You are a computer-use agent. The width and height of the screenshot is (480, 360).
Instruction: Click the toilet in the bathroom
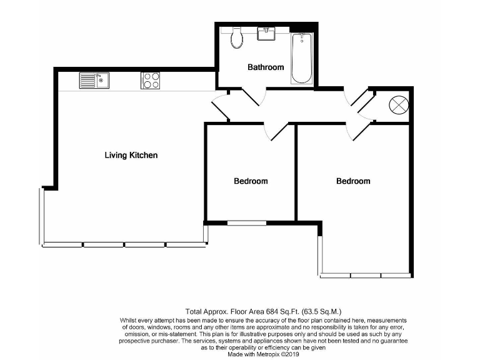(x=237, y=39)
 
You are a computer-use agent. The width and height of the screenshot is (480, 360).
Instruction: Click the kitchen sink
(x=94, y=81)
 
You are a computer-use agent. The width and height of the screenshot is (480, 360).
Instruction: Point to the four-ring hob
(x=150, y=81)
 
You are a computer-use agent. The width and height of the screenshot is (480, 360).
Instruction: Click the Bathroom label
(x=266, y=67)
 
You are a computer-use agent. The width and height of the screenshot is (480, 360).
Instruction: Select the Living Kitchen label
(x=131, y=155)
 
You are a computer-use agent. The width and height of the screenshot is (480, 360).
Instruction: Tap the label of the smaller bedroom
(x=251, y=181)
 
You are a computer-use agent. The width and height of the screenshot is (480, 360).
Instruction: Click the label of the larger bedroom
(x=353, y=181)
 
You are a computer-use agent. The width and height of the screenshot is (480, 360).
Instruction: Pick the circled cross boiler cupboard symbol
(x=398, y=105)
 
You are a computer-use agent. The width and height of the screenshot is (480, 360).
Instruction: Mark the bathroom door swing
(x=253, y=97)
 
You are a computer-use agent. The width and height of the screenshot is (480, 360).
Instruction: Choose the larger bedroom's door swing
(x=358, y=131)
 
